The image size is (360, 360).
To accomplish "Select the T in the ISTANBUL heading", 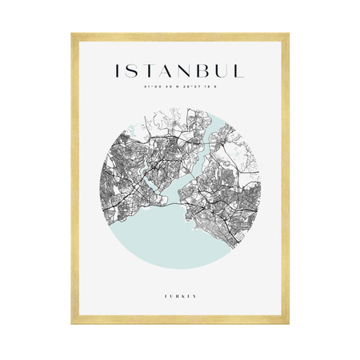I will point(152,71).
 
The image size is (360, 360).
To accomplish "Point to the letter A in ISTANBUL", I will point(171,71).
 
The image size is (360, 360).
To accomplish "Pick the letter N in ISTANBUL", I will point(192,71).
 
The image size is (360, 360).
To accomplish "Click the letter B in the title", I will point(211,71).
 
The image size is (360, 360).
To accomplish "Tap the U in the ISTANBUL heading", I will point(230,71).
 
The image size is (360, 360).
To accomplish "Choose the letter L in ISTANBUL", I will point(247,71).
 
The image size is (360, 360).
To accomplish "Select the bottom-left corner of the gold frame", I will point(73,322).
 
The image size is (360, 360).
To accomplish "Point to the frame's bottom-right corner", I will point(287,322).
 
